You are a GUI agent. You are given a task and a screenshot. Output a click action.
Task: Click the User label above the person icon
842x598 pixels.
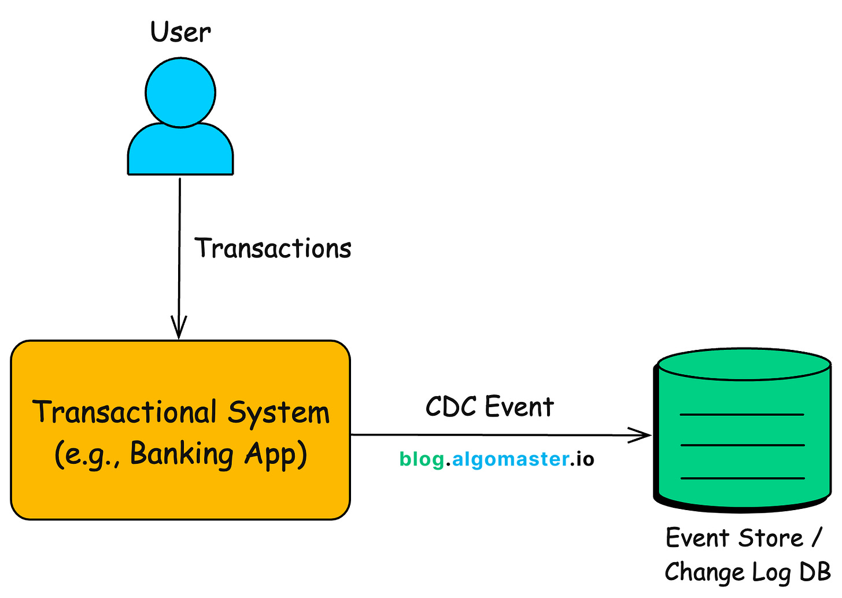tap(180, 32)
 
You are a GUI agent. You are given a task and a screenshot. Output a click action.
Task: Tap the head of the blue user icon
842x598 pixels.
tap(180, 92)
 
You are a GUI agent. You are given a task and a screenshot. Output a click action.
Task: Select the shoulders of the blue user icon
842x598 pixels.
tap(180, 150)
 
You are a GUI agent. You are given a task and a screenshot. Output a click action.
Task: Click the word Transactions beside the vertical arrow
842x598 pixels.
tap(273, 248)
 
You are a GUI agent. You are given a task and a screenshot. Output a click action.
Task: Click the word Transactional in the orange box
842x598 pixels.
tap(124, 412)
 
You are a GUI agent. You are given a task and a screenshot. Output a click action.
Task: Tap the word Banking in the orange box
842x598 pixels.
tap(182, 453)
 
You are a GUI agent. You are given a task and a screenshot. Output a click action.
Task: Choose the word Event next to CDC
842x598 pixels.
tap(519, 407)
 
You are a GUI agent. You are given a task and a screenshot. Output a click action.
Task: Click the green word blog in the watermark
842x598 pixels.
tap(422, 460)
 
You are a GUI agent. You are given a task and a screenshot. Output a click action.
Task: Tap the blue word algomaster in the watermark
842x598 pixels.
tap(510, 459)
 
